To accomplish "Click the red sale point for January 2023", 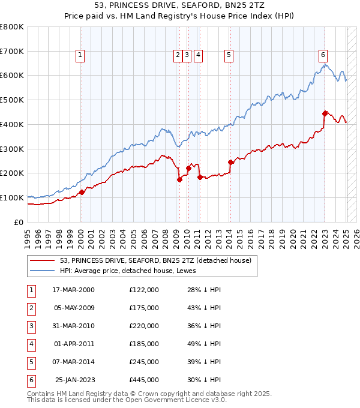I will [x=325, y=113].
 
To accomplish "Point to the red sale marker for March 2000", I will [x=82, y=192].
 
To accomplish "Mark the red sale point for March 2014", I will [x=230, y=162].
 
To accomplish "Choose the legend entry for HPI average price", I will [x=125, y=271].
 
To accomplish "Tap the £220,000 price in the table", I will [x=144, y=326].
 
